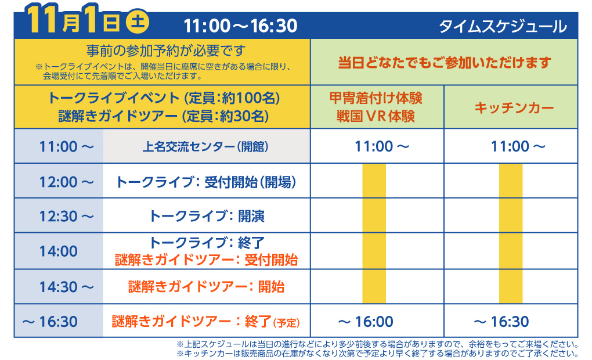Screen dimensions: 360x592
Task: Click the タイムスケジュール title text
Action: pos(503,26)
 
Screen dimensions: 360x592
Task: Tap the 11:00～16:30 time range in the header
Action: pos(240,26)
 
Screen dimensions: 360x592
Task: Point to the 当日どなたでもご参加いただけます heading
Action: pos(444,62)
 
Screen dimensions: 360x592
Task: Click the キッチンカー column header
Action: pos(510,107)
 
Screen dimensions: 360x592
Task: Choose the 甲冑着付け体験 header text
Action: pos(376,98)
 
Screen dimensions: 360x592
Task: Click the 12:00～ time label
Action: pos(66,182)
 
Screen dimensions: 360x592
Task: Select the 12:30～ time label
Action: pos(66,217)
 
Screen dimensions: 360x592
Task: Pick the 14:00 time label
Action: pos(59,251)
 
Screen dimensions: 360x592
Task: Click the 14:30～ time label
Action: pos(66,286)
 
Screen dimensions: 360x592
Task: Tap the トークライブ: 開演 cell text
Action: pos(207,217)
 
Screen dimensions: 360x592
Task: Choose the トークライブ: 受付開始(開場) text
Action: pos(207,182)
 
